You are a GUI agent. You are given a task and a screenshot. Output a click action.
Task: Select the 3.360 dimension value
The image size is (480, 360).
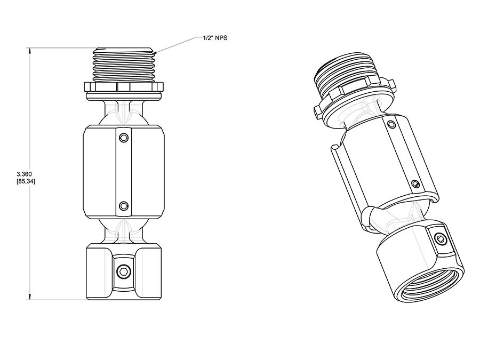[26, 174]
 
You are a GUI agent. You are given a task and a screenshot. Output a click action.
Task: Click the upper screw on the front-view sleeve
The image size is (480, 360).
[124, 138]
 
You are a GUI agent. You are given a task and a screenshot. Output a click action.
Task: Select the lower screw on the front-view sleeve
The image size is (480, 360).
[124, 205]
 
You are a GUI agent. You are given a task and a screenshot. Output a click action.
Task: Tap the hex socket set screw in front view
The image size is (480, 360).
[124, 273]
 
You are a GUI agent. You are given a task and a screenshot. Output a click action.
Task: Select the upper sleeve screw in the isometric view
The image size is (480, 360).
[392, 125]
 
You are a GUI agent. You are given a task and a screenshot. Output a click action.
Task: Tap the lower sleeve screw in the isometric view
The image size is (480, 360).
[416, 184]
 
